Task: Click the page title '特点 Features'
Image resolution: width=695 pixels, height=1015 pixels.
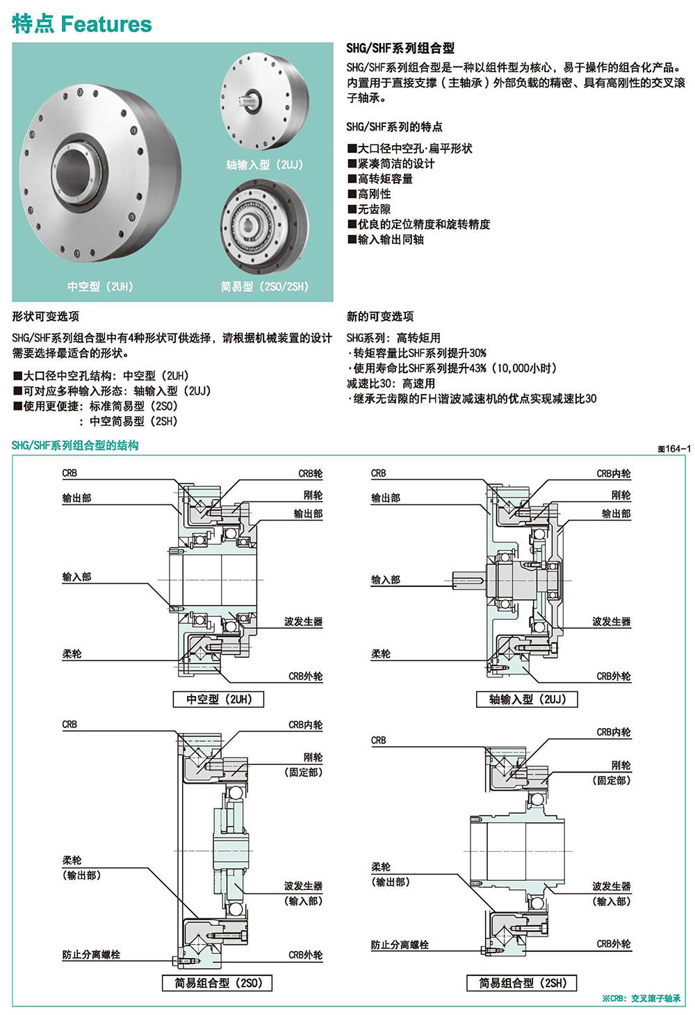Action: (81, 24)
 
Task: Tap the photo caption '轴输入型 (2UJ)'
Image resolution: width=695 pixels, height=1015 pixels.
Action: (264, 165)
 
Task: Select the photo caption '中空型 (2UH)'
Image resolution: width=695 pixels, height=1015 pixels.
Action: (100, 286)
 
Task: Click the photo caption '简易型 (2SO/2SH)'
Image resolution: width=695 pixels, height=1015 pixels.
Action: (264, 286)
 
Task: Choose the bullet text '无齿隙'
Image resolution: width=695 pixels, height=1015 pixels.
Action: (374, 209)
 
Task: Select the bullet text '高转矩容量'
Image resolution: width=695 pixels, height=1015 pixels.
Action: (385, 179)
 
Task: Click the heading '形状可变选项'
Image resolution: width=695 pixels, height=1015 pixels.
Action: (46, 316)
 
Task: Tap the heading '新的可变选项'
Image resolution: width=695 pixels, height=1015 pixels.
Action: (380, 316)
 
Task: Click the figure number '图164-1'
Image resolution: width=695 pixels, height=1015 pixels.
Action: (674, 449)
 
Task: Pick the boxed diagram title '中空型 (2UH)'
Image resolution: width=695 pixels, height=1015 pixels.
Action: (218, 699)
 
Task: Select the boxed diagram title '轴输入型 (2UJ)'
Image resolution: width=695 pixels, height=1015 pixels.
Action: (527, 699)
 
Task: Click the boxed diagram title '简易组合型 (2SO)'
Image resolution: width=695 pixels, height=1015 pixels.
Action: (218, 983)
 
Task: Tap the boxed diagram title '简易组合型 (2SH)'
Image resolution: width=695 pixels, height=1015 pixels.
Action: (522, 983)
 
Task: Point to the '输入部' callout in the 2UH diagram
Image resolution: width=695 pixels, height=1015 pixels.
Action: (76, 577)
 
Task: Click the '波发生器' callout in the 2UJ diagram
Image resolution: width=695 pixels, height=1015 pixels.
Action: (611, 622)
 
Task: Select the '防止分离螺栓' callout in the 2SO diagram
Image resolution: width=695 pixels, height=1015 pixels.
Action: (91, 955)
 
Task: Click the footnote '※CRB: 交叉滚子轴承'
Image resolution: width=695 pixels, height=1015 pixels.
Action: (641, 998)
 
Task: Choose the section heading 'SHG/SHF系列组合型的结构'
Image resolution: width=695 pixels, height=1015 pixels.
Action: (75, 445)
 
